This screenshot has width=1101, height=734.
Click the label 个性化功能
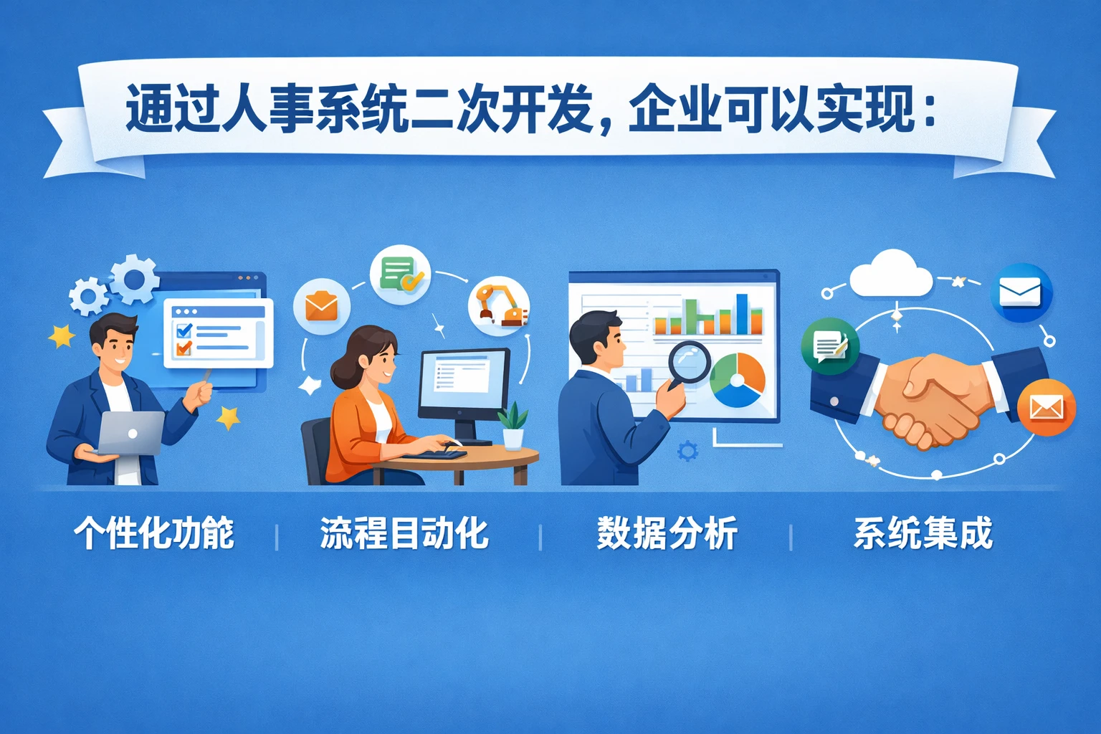pyautogui.click(x=154, y=534)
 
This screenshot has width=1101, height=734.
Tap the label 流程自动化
pyautogui.click(x=404, y=534)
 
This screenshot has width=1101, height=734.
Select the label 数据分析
pyautogui.click(x=667, y=534)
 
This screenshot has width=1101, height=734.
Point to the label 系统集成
pyautogui.click(x=923, y=534)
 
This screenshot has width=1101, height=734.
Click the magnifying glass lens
pyautogui.click(x=689, y=361)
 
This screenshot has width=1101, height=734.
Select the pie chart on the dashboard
pyautogui.click(x=738, y=380)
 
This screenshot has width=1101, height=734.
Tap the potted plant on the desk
pyautogui.click(x=513, y=427)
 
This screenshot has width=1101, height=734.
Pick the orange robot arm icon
pyautogui.click(x=500, y=305)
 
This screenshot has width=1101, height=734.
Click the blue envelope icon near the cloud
pyautogui.click(x=1020, y=292)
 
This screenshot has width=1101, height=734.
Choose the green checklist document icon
pyautogui.click(x=399, y=274)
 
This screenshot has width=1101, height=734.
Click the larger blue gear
pyautogui.click(x=134, y=278)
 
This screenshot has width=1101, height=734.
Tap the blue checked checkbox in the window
pyautogui.click(x=184, y=330)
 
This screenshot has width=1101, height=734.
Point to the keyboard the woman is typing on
pyautogui.click(x=434, y=453)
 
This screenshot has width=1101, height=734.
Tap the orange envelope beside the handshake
pyautogui.click(x=1046, y=408)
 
